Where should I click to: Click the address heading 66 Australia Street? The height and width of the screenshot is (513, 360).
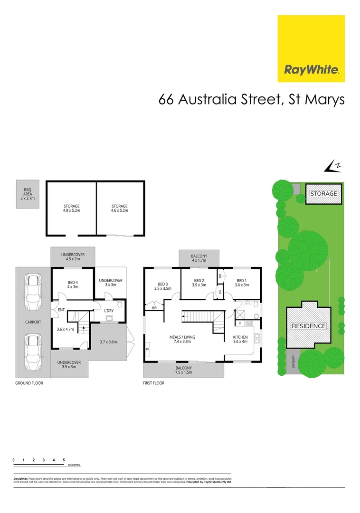click(251, 101)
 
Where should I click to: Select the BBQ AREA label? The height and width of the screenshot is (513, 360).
click(24, 194)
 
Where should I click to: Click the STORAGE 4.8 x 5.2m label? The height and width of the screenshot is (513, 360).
click(72, 209)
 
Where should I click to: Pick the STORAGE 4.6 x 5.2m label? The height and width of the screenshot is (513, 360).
click(120, 209)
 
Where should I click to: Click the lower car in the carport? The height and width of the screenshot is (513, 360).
click(33, 346)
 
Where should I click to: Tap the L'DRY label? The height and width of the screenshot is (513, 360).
click(109, 310)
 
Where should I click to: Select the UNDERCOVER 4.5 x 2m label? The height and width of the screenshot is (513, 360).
click(73, 257)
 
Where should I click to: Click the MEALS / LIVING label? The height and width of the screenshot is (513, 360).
click(185, 339)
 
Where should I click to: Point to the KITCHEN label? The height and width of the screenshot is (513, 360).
click(240, 339)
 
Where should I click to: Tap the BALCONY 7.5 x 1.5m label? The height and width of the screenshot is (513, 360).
click(183, 370)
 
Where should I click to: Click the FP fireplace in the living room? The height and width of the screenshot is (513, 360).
click(147, 349)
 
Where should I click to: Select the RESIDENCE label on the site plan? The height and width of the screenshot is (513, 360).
click(308, 326)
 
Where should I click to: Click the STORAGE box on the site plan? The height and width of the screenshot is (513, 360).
click(324, 193)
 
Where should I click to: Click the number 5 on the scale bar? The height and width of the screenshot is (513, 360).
click(64, 460)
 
